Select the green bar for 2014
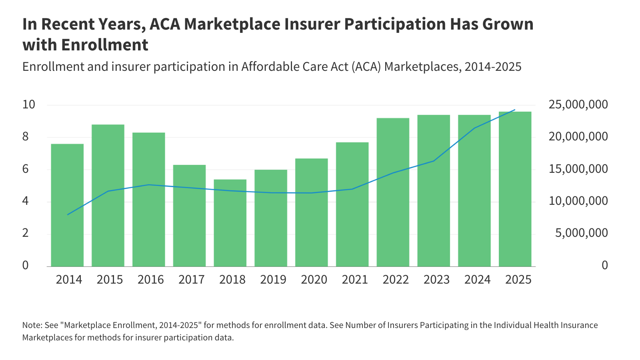pos(67,205)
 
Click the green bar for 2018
pos(230,223)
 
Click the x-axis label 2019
pos(273,279)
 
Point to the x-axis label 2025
pos(518,279)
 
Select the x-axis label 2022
pos(396,279)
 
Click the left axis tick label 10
pos(29,105)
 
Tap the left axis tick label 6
pos(26,169)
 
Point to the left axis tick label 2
pos(26,233)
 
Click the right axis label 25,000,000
pos(578,105)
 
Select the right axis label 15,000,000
pos(578,169)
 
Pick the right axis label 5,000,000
pos(581,233)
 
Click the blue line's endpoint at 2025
pos(515,110)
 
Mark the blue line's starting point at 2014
pos(68,215)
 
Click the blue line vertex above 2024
pos(474,128)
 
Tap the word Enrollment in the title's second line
pos(105,45)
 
